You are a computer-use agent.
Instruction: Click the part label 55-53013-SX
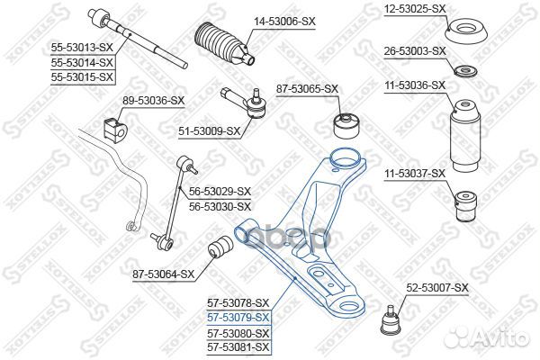pyautogui.click(x=81, y=49)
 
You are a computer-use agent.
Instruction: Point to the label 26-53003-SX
pyautogui.click(x=416, y=50)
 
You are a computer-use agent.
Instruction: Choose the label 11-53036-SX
pyautogui.click(x=416, y=85)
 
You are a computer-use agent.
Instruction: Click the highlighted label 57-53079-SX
pyautogui.click(x=238, y=318)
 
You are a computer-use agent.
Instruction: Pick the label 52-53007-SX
pyautogui.click(x=437, y=288)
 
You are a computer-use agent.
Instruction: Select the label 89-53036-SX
pyautogui.click(x=128, y=100)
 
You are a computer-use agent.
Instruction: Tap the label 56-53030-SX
pyautogui.click(x=220, y=206)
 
